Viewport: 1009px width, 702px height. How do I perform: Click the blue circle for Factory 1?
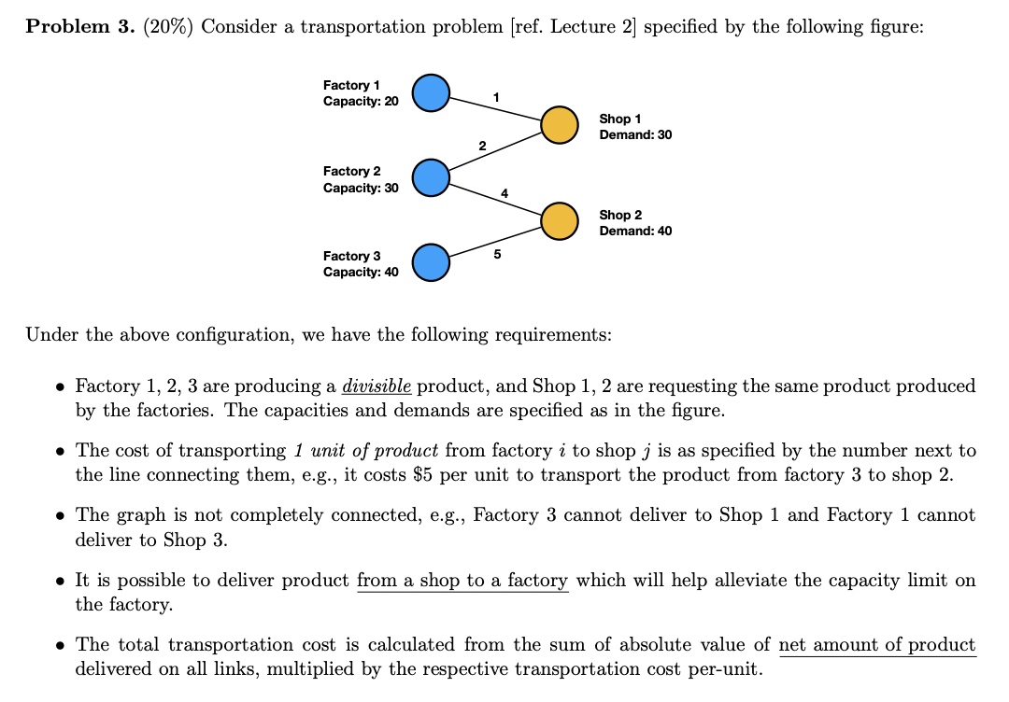[x=431, y=92]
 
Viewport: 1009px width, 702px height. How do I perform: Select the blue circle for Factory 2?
[x=431, y=177]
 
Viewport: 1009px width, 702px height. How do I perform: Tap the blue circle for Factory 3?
[x=431, y=262]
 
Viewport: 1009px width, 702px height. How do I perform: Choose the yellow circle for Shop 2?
[x=559, y=220]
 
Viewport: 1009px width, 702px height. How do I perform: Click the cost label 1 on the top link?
[x=496, y=97]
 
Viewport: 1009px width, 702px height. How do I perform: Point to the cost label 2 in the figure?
[x=482, y=146]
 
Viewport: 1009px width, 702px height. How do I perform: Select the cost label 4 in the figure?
[x=504, y=193]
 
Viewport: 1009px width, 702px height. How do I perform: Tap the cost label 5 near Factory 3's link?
[x=497, y=253]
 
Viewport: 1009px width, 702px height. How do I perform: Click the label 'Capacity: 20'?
[x=361, y=101]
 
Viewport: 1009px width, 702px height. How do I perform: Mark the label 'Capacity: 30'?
[x=361, y=187]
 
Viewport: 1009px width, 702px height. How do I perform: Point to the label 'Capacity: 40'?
[x=361, y=272]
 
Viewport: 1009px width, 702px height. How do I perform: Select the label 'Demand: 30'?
[x=635, y=134]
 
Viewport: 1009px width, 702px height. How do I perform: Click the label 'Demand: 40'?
[x=635, y=231]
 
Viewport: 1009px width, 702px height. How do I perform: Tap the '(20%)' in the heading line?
[x=167, y=26]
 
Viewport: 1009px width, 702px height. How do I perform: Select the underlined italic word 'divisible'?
[x=377, y=386]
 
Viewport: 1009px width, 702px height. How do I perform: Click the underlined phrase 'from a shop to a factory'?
[x=462, y=581]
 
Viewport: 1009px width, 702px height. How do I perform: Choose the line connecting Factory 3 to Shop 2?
[x=495, y=239]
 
